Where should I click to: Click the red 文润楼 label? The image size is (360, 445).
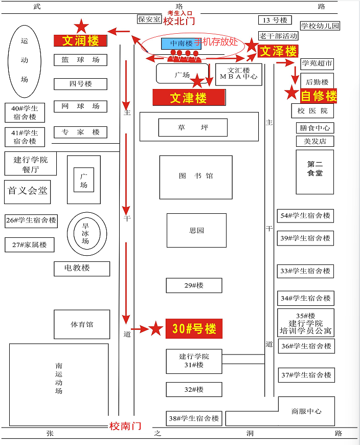coord(81,40)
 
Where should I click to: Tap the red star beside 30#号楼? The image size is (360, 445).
coord(156,329)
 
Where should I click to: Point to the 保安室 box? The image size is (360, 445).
coord(149,19)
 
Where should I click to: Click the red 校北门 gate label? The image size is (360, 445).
coord(179,21)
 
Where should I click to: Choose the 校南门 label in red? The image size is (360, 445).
coord(125,426)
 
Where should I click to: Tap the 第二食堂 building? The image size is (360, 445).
coord(315,169)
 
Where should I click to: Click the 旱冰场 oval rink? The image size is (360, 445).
coord(86,234)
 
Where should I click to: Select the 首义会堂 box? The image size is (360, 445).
coord(28,191)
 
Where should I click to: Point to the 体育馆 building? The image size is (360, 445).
coord(82,324)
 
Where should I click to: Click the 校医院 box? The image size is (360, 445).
coord(313,110)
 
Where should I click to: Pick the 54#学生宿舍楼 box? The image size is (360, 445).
coord(305,216)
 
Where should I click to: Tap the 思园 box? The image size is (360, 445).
coord(196,230)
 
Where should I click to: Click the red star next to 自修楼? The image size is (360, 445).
coord(291,93)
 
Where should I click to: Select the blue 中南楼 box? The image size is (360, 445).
coord(182,43)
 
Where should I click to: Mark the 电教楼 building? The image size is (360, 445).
coord(82,268)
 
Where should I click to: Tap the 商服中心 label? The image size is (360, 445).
coord(306,411)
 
